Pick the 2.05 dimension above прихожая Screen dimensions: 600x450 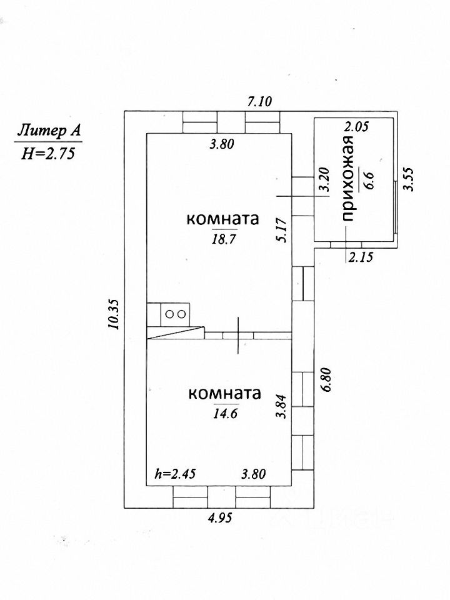tap(357, 126)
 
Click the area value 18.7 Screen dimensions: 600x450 tap(222, 238)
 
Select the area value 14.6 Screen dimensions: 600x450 tap(224, 412)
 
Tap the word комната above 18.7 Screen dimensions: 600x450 tap(222, 220)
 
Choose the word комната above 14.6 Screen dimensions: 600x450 tap(224, 394)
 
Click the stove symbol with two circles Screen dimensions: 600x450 tap(174, 314)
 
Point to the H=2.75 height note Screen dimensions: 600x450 tap(48, 154)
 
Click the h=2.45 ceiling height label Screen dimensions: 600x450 tap(176, 474)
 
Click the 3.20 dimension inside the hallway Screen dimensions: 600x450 tap(323, 180)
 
